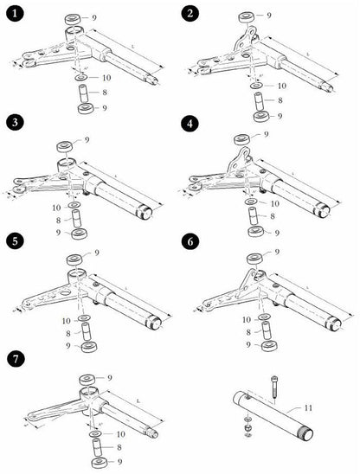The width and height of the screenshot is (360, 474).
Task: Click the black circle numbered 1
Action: [x=14, y=14]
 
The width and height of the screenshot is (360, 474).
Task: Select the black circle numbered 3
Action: [x=14, y=124]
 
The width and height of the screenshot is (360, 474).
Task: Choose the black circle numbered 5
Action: [x=14, y=241]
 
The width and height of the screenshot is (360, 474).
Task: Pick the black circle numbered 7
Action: [x=14, y=358]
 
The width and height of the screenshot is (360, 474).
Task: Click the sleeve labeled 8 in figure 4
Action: [x=253, y=218]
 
